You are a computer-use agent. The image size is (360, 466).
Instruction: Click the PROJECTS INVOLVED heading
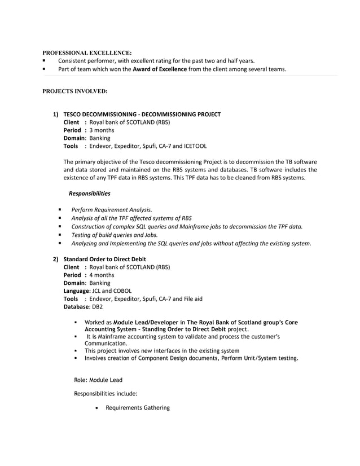coord(75,90)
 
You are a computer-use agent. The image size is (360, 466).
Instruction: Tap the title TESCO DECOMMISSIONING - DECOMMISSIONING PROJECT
coord(142,114)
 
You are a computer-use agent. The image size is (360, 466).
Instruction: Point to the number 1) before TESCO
coord(56,114)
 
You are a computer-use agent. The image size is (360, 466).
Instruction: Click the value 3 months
coord(102,130)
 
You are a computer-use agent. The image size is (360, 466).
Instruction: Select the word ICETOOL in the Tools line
coord(195,146)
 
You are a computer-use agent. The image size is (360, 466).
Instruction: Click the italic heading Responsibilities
coord(89,194)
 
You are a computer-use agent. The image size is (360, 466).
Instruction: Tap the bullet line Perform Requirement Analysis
coord(111,209)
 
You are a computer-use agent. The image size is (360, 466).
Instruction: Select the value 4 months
coord(102,275)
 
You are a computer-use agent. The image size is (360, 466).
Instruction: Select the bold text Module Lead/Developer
coord(146,323)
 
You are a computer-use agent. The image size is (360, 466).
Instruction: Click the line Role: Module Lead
coord(98,380)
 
